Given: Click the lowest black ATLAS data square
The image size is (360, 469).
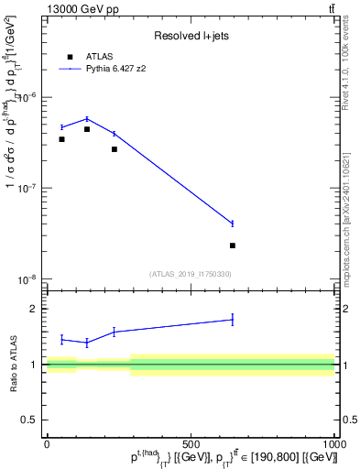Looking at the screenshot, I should [x=233, y=245].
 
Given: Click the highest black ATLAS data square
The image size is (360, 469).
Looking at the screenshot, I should [x=87, y=129].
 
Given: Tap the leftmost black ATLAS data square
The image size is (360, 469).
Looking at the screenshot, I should [x=61, y=139].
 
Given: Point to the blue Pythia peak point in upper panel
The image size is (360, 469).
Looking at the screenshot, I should [x=87, y=119].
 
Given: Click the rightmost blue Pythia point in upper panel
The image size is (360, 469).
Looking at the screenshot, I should [x=233, y=224].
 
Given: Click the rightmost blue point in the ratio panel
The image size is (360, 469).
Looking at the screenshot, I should [x=233, y=320].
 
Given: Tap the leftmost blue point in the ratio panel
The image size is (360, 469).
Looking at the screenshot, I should [x=61, y=339].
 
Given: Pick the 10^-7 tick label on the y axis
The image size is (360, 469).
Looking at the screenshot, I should [x=30, y=188].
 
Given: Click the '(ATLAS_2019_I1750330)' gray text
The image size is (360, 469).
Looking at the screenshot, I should [x=191, y=273].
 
